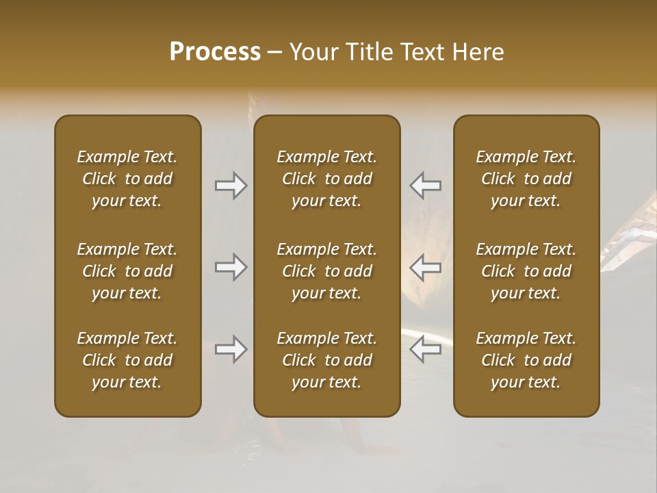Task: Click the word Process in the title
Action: [215, 52]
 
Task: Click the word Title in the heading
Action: [367, 52]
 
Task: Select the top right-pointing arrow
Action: [231, 186]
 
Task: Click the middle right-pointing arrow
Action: [231, 267]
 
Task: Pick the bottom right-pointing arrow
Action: [231, 349]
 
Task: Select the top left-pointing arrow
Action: [426, 186]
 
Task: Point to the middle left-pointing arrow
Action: [426, 267]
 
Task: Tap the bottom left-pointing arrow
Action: [426, 349]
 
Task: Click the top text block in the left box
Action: [127, 179]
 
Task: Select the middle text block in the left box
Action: [127, 271]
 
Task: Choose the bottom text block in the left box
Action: [127, 360]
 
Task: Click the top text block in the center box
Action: [326, 179]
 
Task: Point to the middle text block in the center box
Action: [326, 271]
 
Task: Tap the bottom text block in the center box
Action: [326, 360]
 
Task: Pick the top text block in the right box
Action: [526, 179]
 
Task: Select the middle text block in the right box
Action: [526, 271]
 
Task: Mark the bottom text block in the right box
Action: [526, 360]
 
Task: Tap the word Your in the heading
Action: [312, 52]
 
